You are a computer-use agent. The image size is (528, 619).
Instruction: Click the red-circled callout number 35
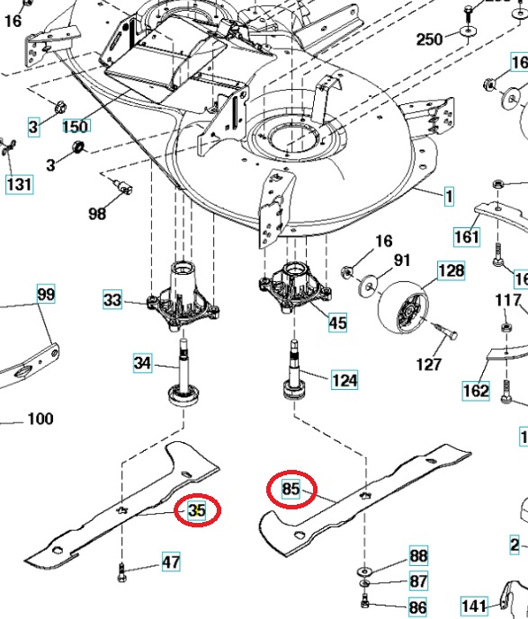[x=197, y=510]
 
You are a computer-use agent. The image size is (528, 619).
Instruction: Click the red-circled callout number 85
[x=291, y=489]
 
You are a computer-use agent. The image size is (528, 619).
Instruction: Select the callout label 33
[x=112, y=300]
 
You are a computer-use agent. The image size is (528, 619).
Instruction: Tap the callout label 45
[x=337, y=323]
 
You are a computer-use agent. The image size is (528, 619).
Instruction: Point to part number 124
[x=345, y=381]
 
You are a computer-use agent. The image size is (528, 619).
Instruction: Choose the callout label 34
[x=143, y=363]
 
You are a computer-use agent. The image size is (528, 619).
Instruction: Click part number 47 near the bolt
[x=171, y=562]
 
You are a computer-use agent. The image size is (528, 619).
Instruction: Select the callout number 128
[x=451, y=270]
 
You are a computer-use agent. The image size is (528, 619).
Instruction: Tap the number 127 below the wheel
[x=429, y=365]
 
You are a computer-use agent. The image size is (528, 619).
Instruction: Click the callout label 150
[x=76, y=127]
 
